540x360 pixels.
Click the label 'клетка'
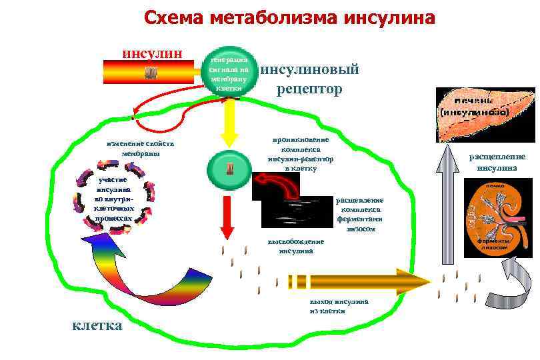(x=97, y=325)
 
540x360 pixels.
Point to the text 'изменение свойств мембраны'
(x=140, y=148)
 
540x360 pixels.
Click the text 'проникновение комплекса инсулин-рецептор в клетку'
(x=301, y=154)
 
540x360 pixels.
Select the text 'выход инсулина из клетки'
(x=339, y=306)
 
